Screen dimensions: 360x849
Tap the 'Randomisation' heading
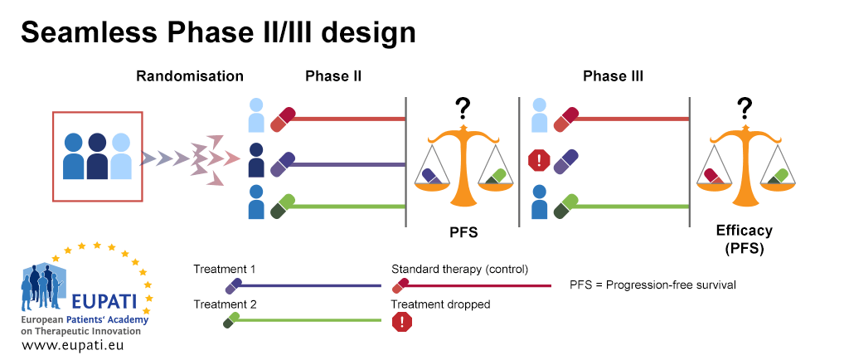pos(190,76)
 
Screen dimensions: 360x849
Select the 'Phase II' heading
pos(333,76)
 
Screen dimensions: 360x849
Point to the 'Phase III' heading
pos(613,76)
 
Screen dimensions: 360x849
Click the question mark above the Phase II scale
pos(463,109)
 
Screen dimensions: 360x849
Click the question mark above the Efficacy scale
pos(745,109)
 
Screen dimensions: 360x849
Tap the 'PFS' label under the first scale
pos(463,233)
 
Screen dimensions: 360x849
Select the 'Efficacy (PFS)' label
pos(744,239)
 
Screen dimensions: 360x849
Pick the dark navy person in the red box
pos(98,155)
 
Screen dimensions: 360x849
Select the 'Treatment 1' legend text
pos(224,270)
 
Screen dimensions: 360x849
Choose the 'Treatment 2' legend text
pos(224,304)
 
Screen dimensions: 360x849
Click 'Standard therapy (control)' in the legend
pos(459,270)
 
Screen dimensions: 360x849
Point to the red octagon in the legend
pos(402,322)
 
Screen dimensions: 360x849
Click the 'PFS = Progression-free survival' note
pos(653,285)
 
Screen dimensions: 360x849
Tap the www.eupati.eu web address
pos(75,345)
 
